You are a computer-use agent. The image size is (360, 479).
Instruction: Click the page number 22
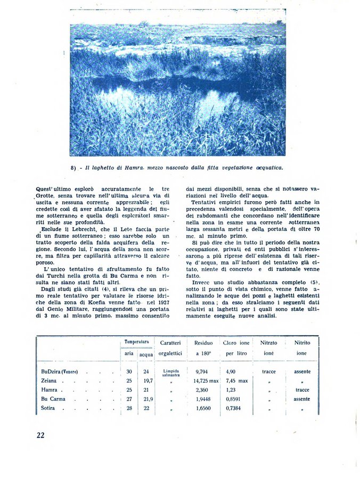tap(40, 435)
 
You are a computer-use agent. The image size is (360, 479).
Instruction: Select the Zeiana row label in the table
tap(49, 381)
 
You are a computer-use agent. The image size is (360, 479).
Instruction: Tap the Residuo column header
tap(203, 343)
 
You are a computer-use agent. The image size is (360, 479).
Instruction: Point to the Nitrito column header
tap(302, 343)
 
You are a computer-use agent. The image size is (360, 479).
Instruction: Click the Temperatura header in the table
tap(136, 342)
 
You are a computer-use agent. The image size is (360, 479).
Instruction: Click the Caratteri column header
tap(170, 343)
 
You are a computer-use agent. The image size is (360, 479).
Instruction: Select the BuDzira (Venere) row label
tap(60, 372)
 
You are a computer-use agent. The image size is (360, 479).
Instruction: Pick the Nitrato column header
tap(268, 343)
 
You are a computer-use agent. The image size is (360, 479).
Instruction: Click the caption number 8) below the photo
tap(73, 168)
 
